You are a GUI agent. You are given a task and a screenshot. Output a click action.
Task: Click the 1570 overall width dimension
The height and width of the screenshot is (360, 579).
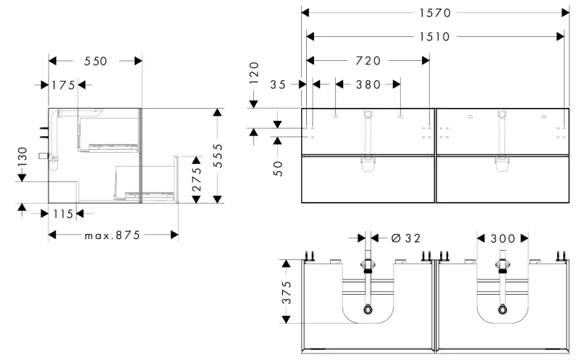(435, 13)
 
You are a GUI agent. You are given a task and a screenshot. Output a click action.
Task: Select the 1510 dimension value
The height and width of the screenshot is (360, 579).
(435, 37)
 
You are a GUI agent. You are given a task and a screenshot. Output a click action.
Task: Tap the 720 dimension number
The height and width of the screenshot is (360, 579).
(368, 61)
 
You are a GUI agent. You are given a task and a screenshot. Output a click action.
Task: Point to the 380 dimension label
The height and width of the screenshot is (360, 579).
(368, 85)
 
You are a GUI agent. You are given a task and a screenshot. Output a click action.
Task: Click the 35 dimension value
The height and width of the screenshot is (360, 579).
(278, 85)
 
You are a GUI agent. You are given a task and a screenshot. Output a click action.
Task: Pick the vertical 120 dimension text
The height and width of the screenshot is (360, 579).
(254, 73)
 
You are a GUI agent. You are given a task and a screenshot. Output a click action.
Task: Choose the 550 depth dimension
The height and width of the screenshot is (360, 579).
(96, 61)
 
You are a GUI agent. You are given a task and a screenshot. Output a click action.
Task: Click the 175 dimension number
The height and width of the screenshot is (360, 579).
(63, 85)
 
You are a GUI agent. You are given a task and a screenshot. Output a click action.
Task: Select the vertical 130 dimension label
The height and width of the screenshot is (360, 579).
(22, 156)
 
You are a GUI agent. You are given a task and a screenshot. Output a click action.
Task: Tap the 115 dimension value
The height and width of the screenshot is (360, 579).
(63, 214)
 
